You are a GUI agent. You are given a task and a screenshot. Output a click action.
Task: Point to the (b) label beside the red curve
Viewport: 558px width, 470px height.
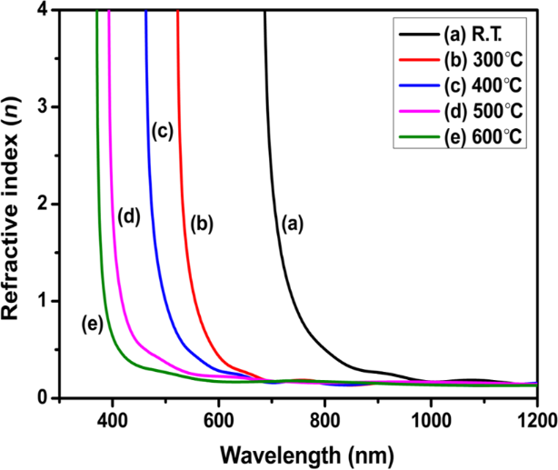(201, 222)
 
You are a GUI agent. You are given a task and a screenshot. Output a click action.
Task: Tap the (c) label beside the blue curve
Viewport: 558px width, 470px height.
(162, 130)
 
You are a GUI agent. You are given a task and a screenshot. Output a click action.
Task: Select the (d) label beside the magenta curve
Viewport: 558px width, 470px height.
(130, 216)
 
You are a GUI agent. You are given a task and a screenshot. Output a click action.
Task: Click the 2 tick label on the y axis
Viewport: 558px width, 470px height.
(45, 205)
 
